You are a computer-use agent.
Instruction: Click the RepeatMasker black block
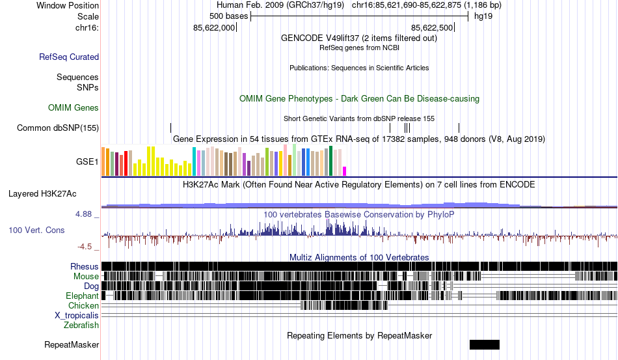484,344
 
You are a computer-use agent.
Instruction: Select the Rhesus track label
85,266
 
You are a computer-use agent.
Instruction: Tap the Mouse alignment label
86,277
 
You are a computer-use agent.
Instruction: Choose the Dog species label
91,286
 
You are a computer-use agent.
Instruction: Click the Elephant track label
82,296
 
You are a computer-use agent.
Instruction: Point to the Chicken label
84,305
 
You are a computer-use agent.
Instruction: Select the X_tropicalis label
77,315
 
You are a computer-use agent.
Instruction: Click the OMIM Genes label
74,107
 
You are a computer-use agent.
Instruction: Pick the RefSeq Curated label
69,57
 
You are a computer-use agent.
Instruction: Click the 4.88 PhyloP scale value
86,214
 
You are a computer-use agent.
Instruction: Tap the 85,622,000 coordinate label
214,28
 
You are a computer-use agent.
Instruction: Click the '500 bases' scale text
228,16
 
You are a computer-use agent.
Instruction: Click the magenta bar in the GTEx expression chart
345,171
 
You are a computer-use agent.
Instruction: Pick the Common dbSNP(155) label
57,128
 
